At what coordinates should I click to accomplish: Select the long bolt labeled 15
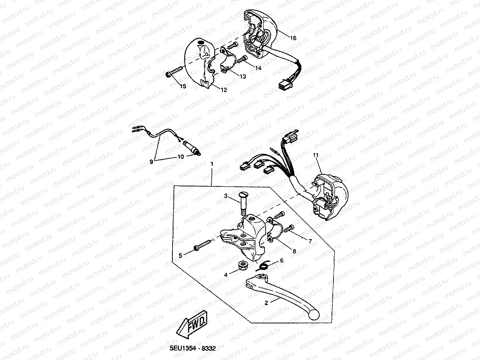pyautogui.click(x=174, y=71)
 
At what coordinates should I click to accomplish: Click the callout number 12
pyautogui.click(x=224, y=90)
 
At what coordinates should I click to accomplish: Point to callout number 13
pyautogui.click(x=243, y=77)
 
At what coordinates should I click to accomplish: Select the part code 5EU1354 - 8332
pyautogui.click(x=192, y=349)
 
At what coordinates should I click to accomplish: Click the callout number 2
pyautogui.click(x=266, y=303)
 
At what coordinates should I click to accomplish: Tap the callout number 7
pyautogui.click(x=310, y=241)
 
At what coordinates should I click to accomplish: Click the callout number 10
pyautogui.click(x=180, y=157)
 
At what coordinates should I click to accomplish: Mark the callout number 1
pyautogui.click(x=211, y=164)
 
